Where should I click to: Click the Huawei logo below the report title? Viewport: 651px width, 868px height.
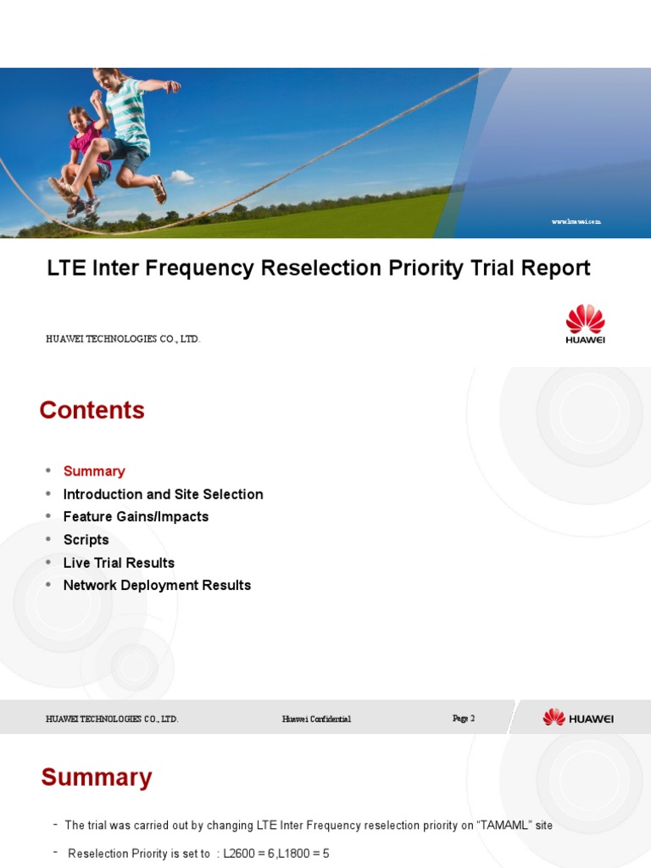[x=585, y=324]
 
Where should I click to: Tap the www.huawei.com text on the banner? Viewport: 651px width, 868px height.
[x=576, y=221]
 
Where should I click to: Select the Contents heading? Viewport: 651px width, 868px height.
[x=92, y=410]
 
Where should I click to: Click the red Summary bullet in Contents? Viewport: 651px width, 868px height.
[x=94, y=471]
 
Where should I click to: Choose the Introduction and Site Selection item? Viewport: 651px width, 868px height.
[x=163, y=494]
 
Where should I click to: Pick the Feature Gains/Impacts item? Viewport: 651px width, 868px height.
[x=136, y=517]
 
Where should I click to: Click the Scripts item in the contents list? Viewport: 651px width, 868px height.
[x=86, y=540]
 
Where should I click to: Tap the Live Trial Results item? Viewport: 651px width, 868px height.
[x=119, y=563]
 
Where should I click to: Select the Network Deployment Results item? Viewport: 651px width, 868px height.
[x=157, y=586]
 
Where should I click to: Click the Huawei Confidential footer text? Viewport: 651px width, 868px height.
[x=316, y=719]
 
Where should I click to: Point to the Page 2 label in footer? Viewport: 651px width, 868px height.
[x=464, y=719]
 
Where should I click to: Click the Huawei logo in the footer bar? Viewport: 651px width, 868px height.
[x=578, y=718]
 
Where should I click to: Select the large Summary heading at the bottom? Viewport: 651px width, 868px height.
[x=97, y=777]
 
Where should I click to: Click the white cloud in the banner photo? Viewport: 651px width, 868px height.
[x=181, y=177]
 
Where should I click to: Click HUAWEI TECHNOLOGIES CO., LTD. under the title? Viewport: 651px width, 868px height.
[x=123, y=339]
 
